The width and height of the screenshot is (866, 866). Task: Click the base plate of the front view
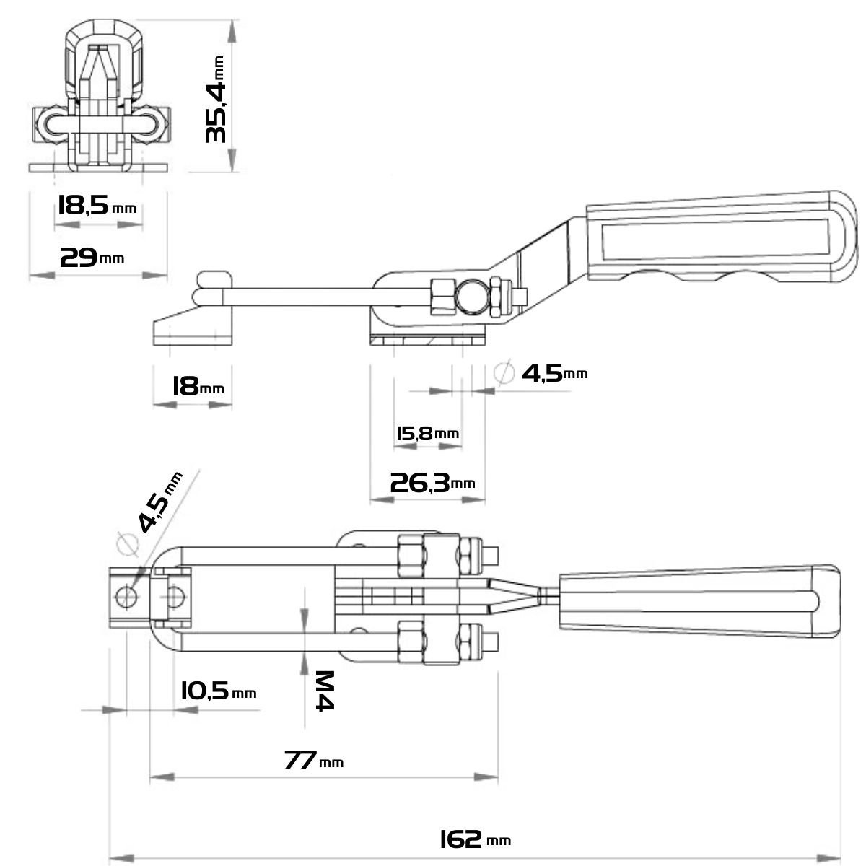pos(98,168)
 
